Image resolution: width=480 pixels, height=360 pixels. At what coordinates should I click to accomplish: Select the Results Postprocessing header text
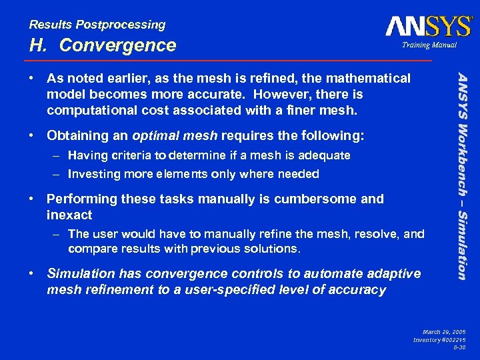pyautogui.click(x=97, y=25)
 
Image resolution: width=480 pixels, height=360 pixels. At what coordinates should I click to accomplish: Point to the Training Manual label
pyautogui.click(x=429, y=45)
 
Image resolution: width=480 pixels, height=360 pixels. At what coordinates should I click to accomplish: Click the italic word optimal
pyautogui.click(x=157, y=135)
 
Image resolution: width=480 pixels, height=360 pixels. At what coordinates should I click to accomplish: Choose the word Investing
pyautogui.click(x=95, y=174)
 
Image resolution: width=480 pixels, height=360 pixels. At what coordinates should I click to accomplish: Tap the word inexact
pyautogui.click(x=69, y=215)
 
